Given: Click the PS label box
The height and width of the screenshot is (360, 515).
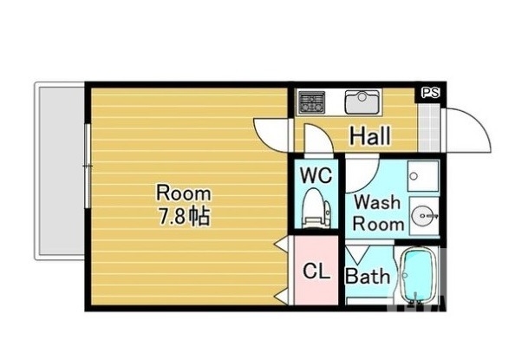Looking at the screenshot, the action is pyautogui.click(x=430, y=93).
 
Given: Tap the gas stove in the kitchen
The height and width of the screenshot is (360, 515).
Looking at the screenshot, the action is pyautogui.click(x=311, y=102).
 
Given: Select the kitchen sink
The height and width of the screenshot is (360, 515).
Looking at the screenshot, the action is pyautogui.click(x=362, y=101).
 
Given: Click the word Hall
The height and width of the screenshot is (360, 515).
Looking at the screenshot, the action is pyautogui.click(x=370, y=136).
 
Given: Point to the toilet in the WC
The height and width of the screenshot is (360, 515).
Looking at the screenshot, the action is pyautogui.click(x=316, y=207).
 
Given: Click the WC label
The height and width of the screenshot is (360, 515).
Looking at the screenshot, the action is pyautogui.click(x=316, y=175).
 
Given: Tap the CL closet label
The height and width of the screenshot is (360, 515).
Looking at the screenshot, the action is pyautogui.click(x=316, y=272).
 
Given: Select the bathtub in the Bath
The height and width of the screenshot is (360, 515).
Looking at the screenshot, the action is pyautogui.click(x=418, y=275).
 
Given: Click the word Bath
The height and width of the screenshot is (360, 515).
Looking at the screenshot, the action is pyautogui.click(x=368, y=277).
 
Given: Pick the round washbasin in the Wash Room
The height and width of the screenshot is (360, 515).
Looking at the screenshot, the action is pyautogui.click(x=423, y=216).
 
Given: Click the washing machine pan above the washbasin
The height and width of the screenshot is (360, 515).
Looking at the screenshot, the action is pyautogui.click(x=423, y=176).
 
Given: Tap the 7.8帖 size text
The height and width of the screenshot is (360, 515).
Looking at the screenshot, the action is pyautogui.click(x=184, y=216).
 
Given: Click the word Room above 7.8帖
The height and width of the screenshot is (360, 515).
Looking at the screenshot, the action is pyautogui.click(x=184, y=193).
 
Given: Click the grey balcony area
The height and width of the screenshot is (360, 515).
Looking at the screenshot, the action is pyautogui.click(x=60, y=171).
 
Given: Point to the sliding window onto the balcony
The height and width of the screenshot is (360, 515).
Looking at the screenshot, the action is pyautogui.click(x=87, y=166).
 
